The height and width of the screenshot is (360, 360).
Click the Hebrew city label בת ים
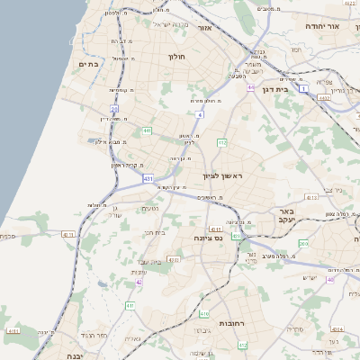click(x=87, y=64)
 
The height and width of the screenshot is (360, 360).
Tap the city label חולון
click(x=175, y=56)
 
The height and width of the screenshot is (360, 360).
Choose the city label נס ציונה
click(x=208, y=238)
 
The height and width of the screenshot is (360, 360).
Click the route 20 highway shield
click(x=115, y=108)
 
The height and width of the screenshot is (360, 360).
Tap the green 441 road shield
click(x=147, y=131)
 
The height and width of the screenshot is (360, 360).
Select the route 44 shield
click(x=251, y=87)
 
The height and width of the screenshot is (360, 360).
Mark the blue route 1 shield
click(x=304, y=87)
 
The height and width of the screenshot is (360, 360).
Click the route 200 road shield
click(x=302, y=244)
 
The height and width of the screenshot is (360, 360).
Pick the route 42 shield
click(x=139, y=282)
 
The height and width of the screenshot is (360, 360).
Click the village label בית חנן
click(x=156, y=232)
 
